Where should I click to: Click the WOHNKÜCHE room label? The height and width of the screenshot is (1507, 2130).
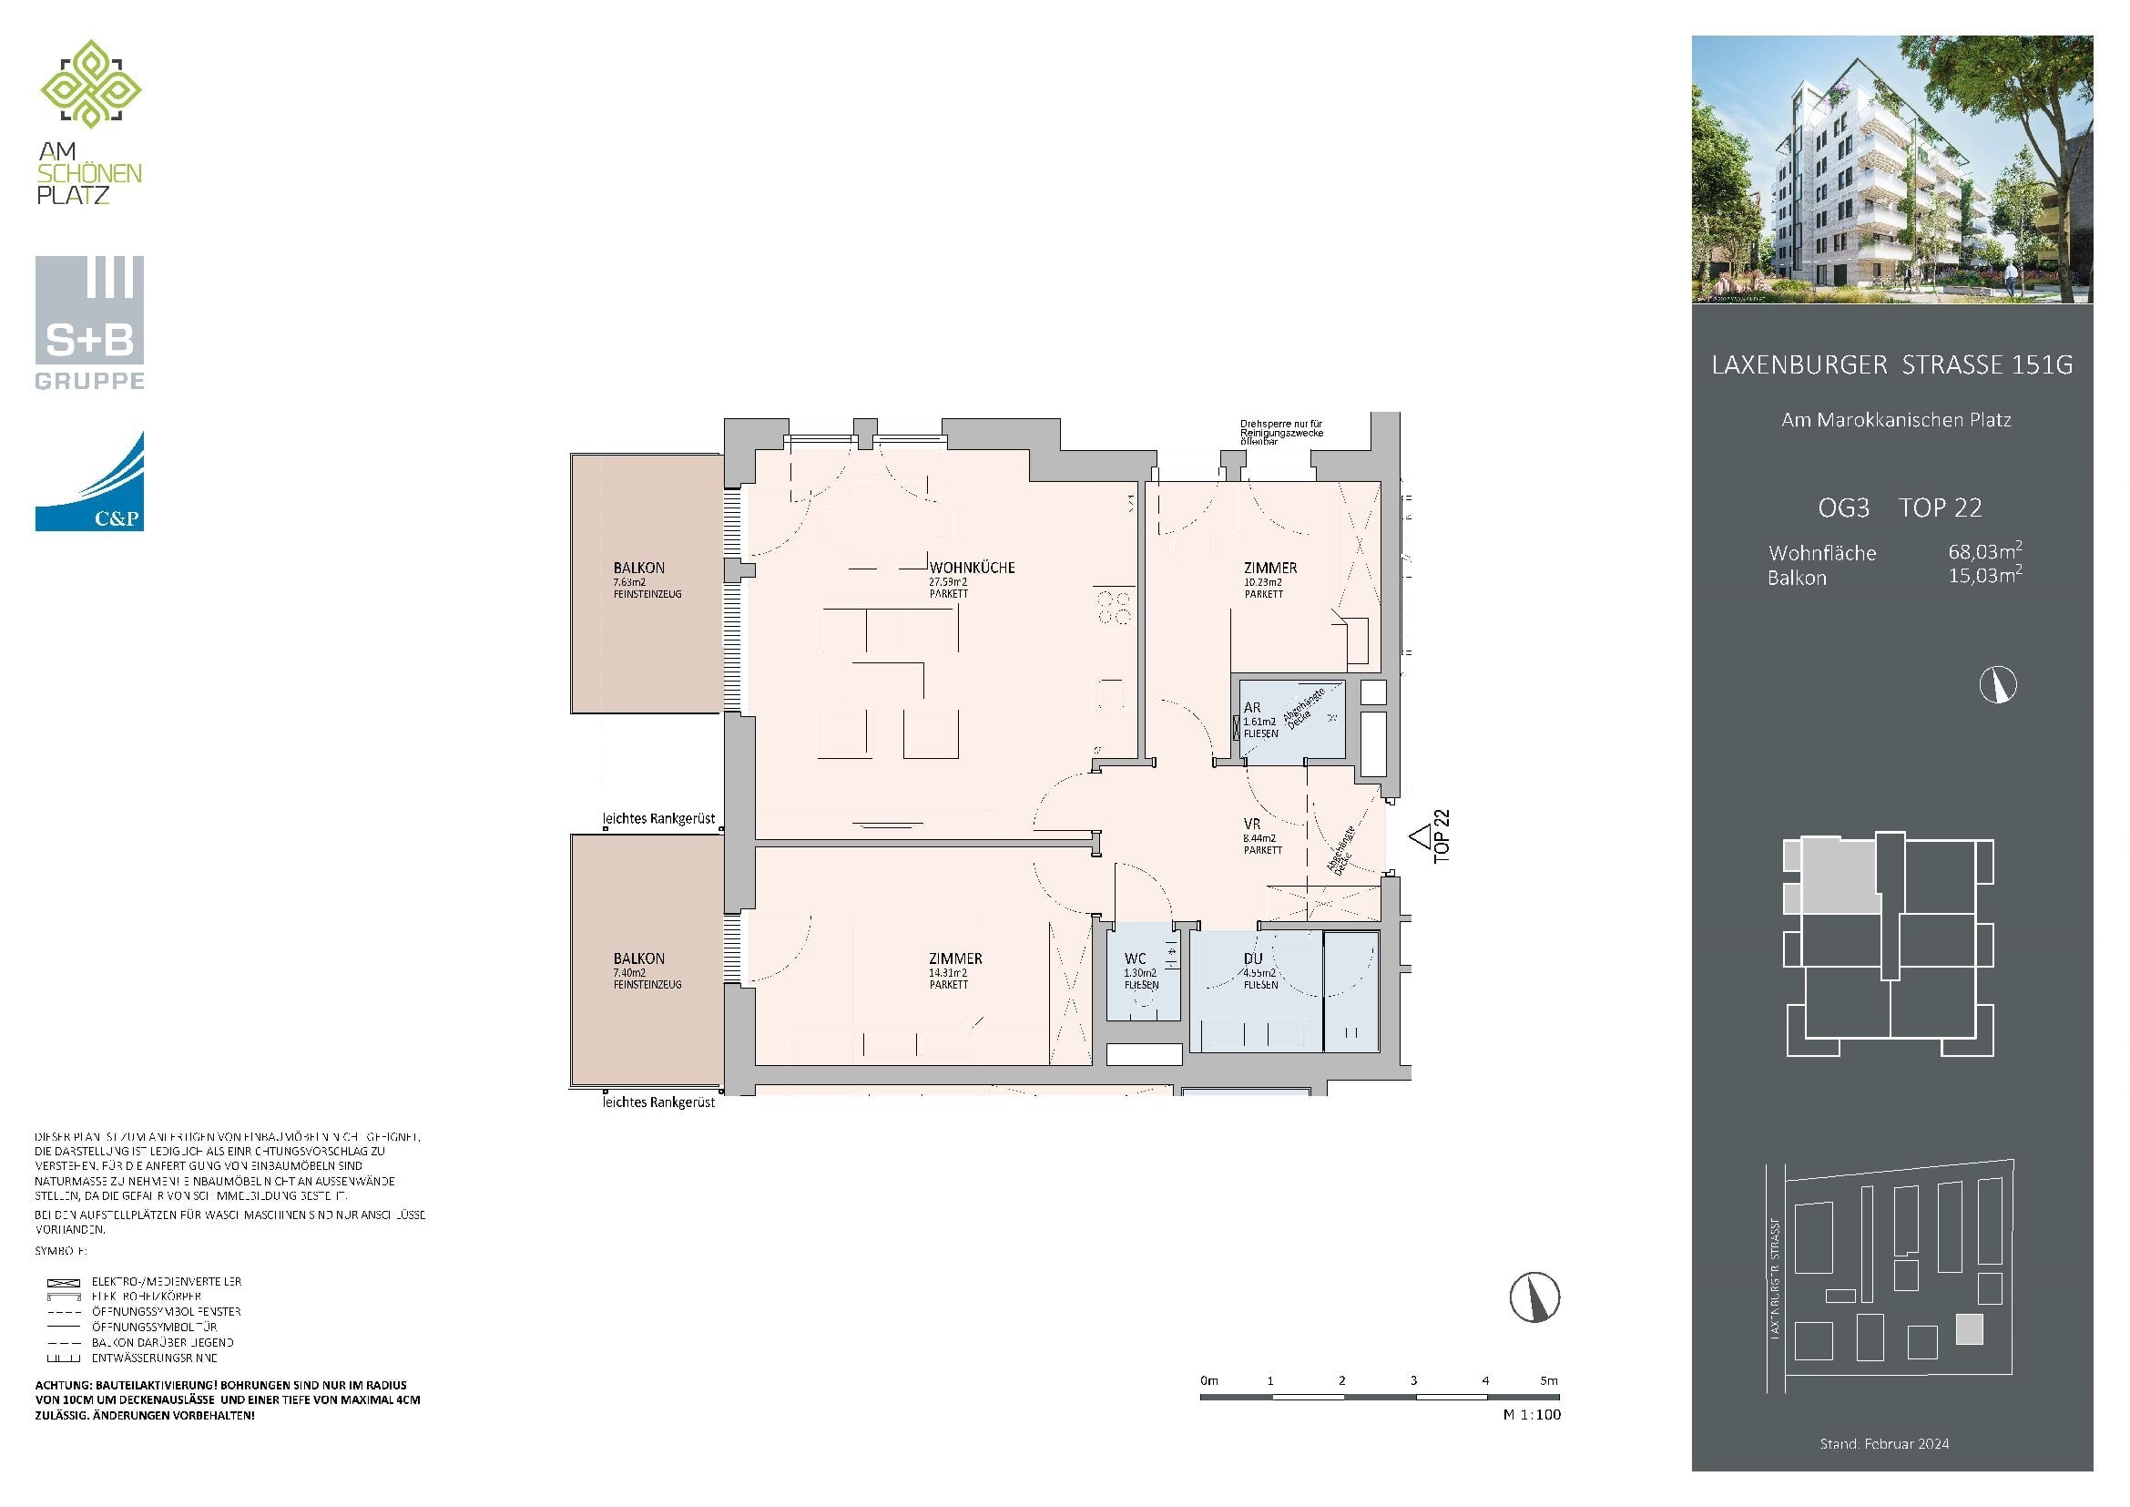click(973, 567)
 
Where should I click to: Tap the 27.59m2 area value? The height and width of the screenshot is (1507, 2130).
click(948, 582)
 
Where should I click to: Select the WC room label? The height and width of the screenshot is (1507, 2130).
click(1135, 959)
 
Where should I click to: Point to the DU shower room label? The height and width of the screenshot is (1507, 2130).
click(1252, 959)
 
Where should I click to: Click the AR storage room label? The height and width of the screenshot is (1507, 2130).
click(1251, 707)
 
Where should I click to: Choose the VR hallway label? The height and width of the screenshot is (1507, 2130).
click(1251, 823)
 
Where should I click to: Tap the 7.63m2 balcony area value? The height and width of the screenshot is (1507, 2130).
click(629, 582)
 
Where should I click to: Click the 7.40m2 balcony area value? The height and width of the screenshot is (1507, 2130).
click(629, 972)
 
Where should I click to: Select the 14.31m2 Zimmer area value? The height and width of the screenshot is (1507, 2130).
click(947, 972)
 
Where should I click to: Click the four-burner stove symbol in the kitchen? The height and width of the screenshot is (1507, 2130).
click(1114, 607)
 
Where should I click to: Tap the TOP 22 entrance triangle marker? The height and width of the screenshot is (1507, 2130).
click(1419, 837)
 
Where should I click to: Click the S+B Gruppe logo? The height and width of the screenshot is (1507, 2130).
click(89, 322)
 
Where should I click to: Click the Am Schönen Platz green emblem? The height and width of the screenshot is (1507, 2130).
click(90, 84)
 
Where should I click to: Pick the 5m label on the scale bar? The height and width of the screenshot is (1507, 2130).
click(1548, 1379)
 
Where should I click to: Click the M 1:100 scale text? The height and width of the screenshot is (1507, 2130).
click(1532, 1414)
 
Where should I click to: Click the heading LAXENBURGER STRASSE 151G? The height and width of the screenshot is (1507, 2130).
click(1891, 364)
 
